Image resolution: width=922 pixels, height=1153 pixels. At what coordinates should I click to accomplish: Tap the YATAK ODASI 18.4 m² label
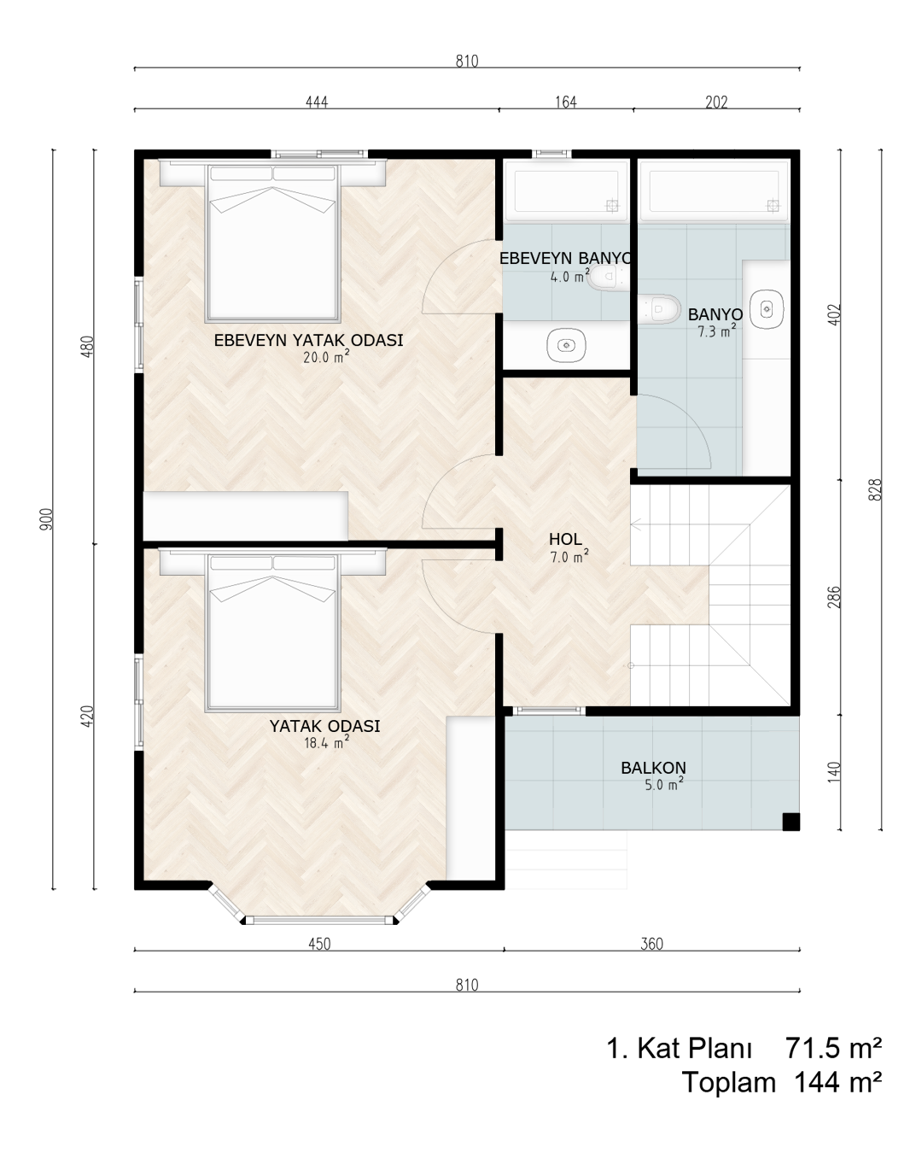324,734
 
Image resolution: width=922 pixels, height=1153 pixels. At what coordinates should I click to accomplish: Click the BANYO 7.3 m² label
715,322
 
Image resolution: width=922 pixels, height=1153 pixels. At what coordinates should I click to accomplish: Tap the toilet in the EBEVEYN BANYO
609,277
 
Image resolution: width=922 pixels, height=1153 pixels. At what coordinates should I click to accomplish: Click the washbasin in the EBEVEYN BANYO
566,346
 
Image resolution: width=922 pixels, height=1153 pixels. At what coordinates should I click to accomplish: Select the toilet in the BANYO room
660,308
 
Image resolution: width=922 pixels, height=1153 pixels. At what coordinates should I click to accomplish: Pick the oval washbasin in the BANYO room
767,309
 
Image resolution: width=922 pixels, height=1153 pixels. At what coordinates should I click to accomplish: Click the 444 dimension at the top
317,102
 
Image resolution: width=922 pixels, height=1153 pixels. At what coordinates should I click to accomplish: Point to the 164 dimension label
566,102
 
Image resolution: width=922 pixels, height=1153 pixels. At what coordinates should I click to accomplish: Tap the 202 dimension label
716,102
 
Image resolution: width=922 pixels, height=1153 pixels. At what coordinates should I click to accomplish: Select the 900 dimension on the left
47,519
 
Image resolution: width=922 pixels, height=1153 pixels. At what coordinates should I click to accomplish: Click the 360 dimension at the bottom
651,944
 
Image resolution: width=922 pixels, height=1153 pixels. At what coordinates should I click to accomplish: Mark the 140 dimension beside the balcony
834,771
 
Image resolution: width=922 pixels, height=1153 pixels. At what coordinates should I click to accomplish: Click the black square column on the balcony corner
791,822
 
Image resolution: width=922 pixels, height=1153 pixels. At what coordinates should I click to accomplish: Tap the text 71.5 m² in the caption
833,1048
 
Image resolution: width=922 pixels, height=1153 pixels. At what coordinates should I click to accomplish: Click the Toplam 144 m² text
782,1082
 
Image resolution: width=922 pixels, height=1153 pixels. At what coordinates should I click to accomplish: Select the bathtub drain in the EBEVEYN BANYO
612,205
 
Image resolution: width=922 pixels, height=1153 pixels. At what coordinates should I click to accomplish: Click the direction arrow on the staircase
637,524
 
